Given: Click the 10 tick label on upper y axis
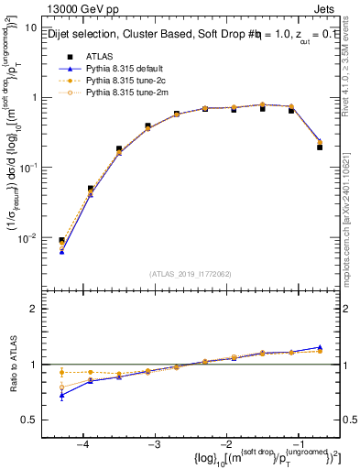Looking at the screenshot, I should (30, 27).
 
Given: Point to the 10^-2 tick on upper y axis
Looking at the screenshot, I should (28, 237).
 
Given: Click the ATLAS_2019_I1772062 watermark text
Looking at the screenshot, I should (191, 274).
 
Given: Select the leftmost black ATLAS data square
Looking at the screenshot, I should (61, 241).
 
